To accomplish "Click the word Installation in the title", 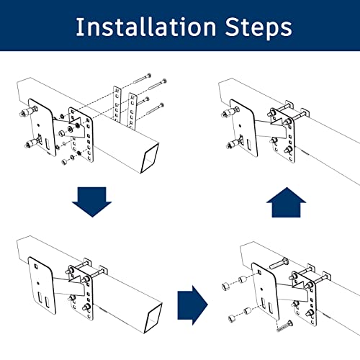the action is pyautogui.click(x=146, y=27).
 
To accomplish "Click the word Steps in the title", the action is pyautogui.click(x=258, y=28).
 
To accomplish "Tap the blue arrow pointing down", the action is pyautogui.click(x=92, y=202).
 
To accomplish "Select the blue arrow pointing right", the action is pyautogui.click(x=192, y=305).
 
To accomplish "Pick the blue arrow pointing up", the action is pyautogui.click(x=286, y=202).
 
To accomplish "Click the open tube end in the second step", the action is pyautogui.click(x=153, y=318).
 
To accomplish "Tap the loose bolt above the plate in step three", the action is pyautogui.click(x=279, y=264).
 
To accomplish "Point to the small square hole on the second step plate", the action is pyautogui.click(x=36, y=266).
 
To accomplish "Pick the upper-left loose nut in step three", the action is pyautogui.click(x=226, y=287).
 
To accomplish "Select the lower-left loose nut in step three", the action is pyautogui.click(x=232, y=318).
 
